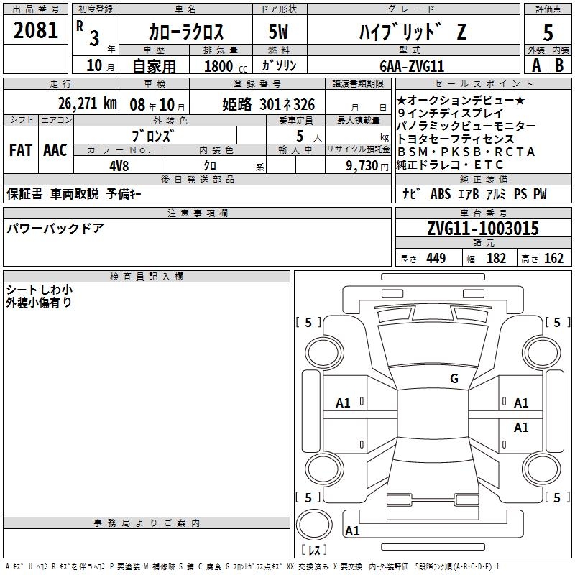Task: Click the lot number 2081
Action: point(35,30)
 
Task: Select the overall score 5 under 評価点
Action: point(548,32)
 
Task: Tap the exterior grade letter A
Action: point(536,65)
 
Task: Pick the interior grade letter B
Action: point(559,65)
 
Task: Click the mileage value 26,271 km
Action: point(87,103)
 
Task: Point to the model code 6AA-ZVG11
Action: point(412,66)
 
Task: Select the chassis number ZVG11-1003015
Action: point(483,229)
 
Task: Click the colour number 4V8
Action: point(119,166)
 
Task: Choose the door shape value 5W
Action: point(278,32)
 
